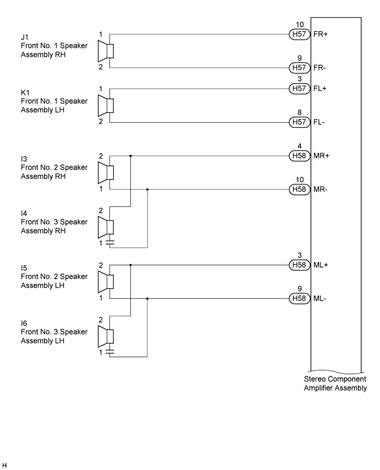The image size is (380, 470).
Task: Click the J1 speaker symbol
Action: pos(106,51)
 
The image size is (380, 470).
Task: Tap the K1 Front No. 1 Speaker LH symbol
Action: pos(106,106)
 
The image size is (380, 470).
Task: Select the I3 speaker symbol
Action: pos(106,173)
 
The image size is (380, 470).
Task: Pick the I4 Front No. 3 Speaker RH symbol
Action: pos(106,227)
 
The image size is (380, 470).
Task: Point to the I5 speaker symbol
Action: pos(106,282)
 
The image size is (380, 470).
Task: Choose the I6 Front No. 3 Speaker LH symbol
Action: pos(106,336)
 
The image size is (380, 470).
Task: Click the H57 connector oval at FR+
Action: pos(300,34)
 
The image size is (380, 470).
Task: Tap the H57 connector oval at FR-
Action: pos(300,68)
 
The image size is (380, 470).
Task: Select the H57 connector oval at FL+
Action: pos(300,89)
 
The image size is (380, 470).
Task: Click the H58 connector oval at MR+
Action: pos(300,156)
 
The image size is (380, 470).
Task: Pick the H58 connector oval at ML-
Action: pos(300,298)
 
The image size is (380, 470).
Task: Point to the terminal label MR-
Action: pos(321,189)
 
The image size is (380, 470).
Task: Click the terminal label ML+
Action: pos(321,265)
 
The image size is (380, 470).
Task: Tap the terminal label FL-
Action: pos(319,122)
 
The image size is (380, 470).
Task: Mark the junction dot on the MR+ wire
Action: pos(130,156)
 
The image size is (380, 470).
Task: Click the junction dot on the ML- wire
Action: pos(147,298)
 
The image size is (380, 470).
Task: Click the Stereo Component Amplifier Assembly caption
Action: pos(335,384)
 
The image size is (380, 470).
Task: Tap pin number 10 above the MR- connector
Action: pos(300,180)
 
